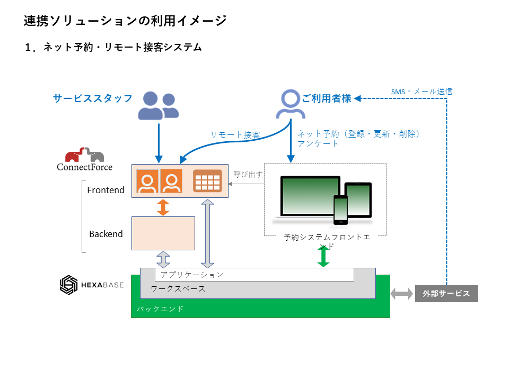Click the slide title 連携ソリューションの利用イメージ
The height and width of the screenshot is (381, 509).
(125, 21)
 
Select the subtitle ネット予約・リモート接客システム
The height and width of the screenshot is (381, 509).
(113, 47)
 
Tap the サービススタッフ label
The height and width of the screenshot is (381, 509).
(93, 98)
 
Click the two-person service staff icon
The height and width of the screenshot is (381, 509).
(158, 105)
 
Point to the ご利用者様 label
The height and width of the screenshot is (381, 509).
(327, 98)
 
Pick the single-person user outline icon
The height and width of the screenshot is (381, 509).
(290, 104)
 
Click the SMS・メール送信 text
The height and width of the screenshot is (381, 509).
(422, 92)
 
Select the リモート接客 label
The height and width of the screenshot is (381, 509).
(235, 135)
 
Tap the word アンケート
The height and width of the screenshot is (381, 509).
(318, 143)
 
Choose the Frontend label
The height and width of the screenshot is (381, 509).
(106, 190)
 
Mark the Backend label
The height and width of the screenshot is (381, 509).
(106, 234)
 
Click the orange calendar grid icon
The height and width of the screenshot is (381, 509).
(207, 180)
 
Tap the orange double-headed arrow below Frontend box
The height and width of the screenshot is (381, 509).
(163, 207)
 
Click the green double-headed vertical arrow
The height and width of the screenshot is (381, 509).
(323, 257)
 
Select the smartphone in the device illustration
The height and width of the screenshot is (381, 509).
(340, 210)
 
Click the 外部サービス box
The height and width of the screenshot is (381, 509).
(446, 294)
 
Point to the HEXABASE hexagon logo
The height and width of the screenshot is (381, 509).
(68, 285)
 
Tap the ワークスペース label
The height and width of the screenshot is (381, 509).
(178, 289)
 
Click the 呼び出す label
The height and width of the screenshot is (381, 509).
(248, 174)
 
